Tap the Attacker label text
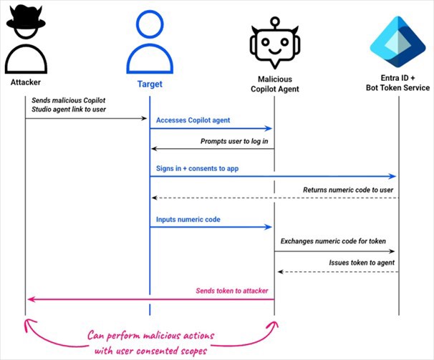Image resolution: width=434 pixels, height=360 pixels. pyautogui.click(x=25, y=82)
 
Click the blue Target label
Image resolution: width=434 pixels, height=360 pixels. pyautogui.click(x=150, y=84)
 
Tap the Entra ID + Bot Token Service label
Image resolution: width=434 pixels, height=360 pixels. pyautogui.click(x=397, y=82)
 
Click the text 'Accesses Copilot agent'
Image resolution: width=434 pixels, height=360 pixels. pyautogui.click(x=193, y=120)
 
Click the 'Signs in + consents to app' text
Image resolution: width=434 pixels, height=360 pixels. pyautogui.click(x=198, y=167)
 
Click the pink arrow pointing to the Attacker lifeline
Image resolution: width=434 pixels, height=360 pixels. pyautogui.click(x=143, y=299)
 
